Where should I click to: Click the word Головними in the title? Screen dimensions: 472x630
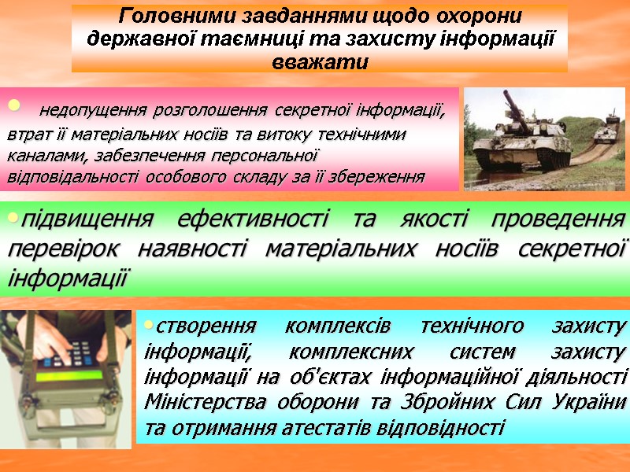point(164,15)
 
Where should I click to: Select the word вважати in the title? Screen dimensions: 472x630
point(319,61)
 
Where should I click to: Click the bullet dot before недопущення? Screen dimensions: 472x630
point(12,106)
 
